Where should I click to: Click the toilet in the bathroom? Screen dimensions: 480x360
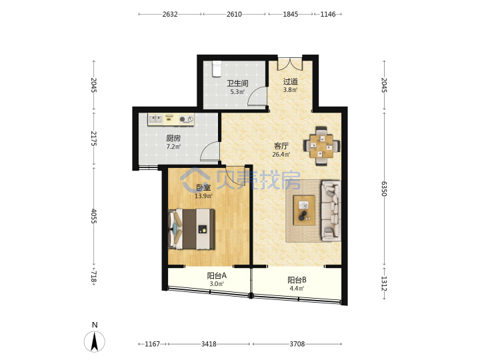tap(217, 68)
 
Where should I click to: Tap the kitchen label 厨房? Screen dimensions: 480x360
tap(173, 139)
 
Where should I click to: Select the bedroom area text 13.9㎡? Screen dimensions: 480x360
tap(203, 196)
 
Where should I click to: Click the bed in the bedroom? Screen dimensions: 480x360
tap(191, 229)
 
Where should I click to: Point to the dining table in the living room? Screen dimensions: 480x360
tap(321, 146)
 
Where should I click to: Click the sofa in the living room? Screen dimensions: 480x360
tap(331, 211)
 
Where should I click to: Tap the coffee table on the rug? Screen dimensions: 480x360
tap(304, 210)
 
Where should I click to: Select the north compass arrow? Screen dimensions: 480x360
tap(95, 341)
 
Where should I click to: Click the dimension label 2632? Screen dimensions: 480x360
tap(170, 14)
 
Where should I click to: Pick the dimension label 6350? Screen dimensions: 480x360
tap(384, 189)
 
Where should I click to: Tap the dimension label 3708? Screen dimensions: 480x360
tap(297, 344)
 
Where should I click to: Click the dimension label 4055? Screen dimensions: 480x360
tap(94, 216)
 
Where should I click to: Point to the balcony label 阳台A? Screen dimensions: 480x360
tap(217, 276)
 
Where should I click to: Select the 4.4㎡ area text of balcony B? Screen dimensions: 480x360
tap(297, 288)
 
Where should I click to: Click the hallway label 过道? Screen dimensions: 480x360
tap(290, 81)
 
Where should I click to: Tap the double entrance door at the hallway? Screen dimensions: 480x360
tap(290, 64)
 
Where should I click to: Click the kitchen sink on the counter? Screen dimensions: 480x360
tap(155, 119)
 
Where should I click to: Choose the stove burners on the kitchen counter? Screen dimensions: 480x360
tap(187, 119)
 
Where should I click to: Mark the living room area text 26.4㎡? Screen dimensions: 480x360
tap(281, 154)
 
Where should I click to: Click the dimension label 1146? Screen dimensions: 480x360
tap(328, 14)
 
